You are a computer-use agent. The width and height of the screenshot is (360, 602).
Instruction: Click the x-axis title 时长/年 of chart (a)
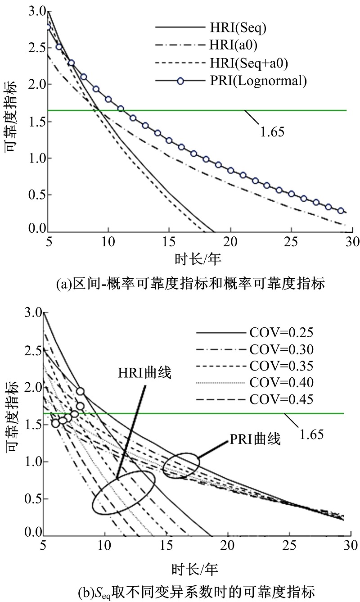point(198,259)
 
